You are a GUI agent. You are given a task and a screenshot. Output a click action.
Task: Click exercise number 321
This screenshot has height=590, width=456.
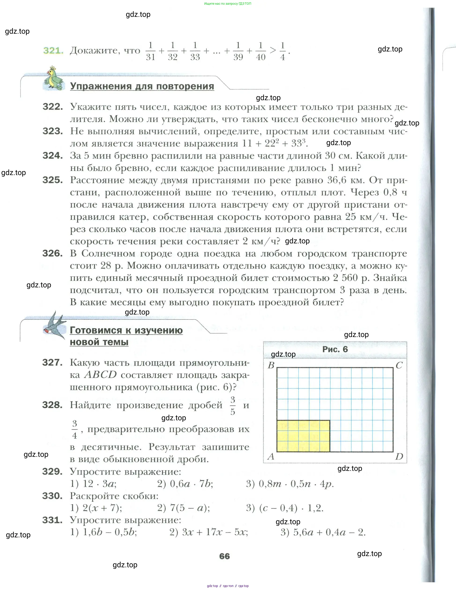click(x=53, y=51)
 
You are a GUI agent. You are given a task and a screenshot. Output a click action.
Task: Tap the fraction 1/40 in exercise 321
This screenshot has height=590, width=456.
click(x=261, y=51)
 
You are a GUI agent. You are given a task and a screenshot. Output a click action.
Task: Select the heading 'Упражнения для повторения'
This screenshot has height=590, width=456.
click(x=142, y=86)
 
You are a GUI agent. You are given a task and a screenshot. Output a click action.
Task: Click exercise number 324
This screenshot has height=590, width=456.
click(x=53, y=156)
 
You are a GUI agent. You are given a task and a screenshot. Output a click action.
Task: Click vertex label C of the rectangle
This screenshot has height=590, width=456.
click(x=399, y=365)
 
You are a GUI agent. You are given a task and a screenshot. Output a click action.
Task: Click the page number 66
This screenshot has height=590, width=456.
click(x=225, y=556)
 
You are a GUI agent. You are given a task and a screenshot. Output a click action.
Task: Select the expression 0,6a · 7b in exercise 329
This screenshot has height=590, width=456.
click(x=191, y=484)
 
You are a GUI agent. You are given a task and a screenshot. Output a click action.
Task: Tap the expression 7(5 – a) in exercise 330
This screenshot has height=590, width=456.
click(x=190, y=508)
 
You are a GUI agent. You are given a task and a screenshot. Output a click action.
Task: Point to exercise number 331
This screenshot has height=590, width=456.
click(x=52, y=520)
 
